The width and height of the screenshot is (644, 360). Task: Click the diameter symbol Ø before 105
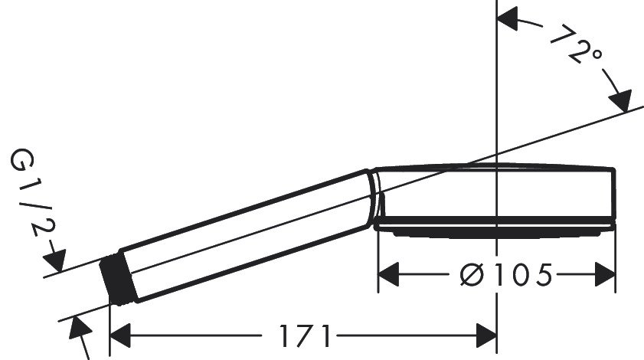click(466, 273)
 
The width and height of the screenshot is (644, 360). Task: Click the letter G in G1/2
click(21, 162)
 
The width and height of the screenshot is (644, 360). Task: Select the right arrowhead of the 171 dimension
click(485, 335)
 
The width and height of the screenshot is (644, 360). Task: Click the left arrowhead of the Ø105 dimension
click(391, 273)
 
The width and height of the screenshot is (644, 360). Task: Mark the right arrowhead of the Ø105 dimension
click(604, 273)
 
